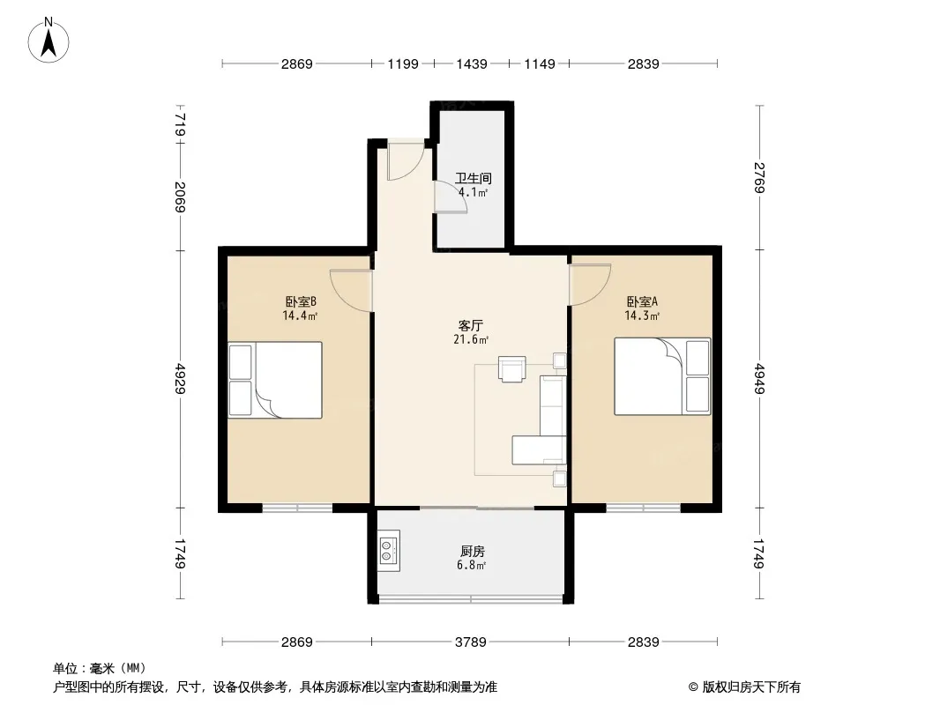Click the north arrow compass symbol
(x=48, y=41)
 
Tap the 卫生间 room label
(x=473, y=178)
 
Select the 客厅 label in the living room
(x=471, y=325)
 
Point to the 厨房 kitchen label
(x=473, y=551)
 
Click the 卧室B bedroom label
(x=301, y=301)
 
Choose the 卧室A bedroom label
(x=642, y=301)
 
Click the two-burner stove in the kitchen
(x=389, y=551)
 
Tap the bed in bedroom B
(x=275, y=380)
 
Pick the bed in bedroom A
(x=662, y=376)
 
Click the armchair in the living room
(x=512, y=369)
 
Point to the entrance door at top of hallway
(x=406, y=160)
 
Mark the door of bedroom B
(x=351, y=291)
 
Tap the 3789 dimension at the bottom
(x=471, y=642)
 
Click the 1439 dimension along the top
(x=472, y=63)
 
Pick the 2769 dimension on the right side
(x=759, y=177)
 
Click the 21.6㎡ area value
(x=471, y=339)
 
